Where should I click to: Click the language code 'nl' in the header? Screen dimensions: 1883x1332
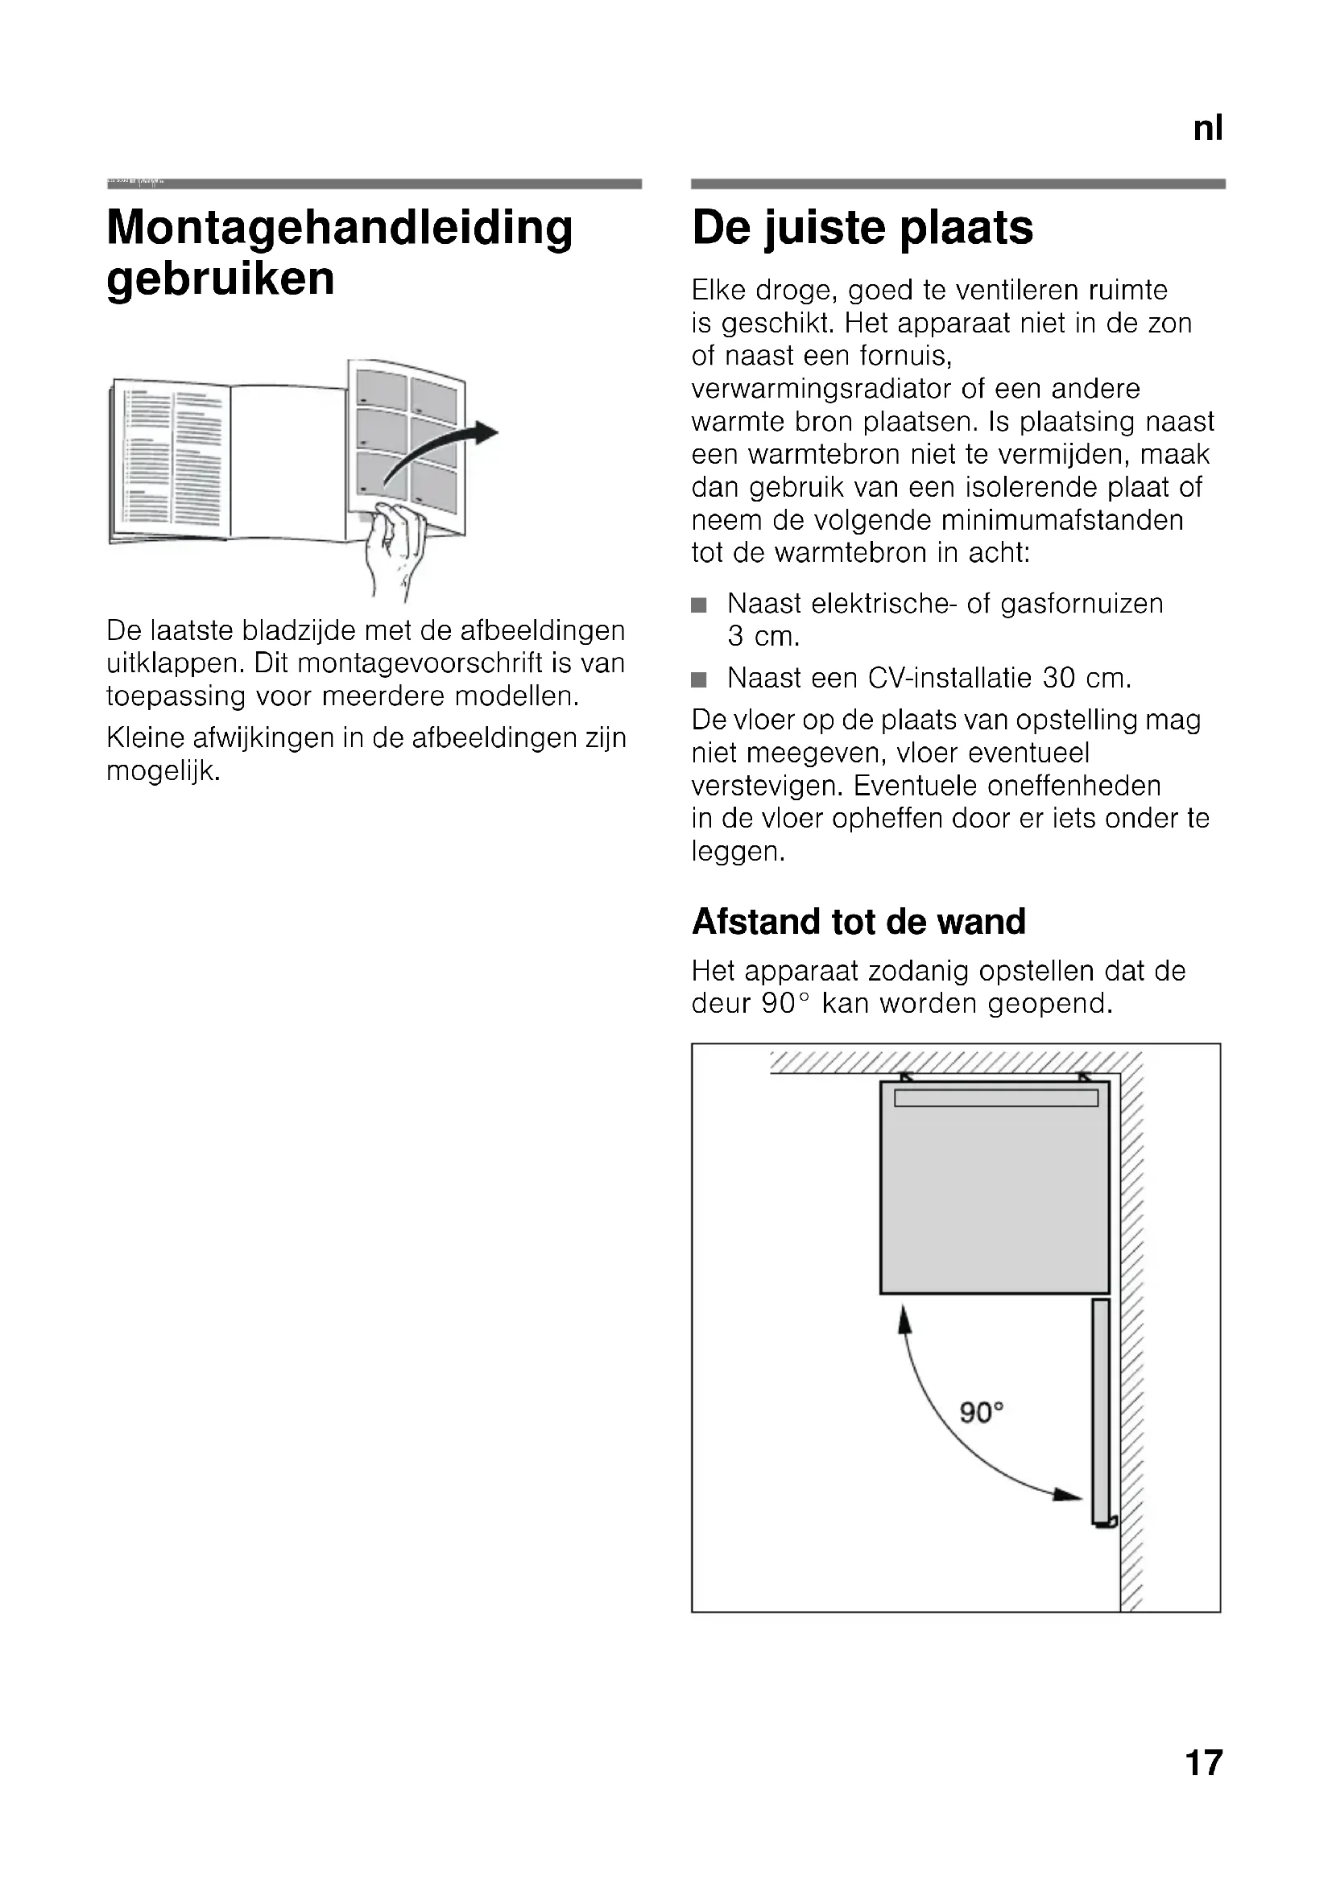(x=1207, y=129)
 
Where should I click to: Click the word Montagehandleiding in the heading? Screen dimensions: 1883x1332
(x=340, y=227)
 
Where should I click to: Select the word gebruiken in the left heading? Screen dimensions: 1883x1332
(x=221, y=279)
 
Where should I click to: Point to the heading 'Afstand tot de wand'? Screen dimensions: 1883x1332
(x=858, y=921)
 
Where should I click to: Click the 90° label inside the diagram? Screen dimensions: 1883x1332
(x=982, y=1412)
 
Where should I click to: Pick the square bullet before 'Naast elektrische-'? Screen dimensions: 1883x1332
(x=699, y=605)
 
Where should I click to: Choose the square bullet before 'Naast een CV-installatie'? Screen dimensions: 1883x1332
(x=699, y=680)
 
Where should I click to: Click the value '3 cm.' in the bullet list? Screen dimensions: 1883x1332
(x=763, y=637)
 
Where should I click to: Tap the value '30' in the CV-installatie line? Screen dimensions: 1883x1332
(x=1059, y=678)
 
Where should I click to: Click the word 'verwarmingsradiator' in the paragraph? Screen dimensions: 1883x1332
(x=832, y=389)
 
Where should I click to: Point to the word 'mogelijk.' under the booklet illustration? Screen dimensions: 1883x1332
(x=163, y=771)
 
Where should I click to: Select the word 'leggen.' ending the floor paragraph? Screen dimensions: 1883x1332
(x=738, y=851)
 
